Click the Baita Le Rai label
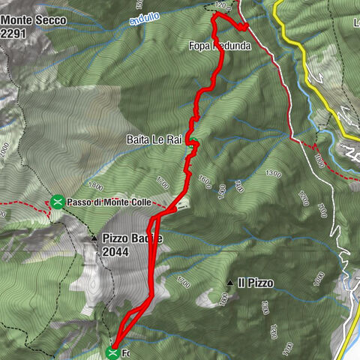point(154,139)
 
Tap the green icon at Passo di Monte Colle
point(57,201)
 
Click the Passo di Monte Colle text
point(109,202)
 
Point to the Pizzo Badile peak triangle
point(94,238)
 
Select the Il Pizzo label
point(255,283)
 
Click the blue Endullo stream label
point(144,19)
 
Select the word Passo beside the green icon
point(79,202)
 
